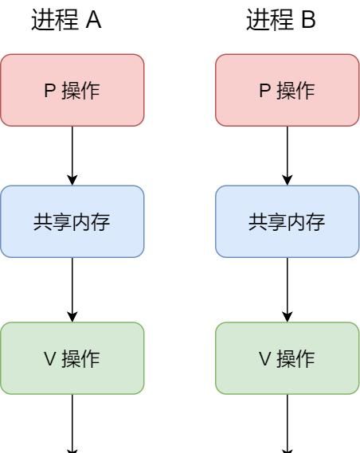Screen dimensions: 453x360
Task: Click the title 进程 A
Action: point(67,21)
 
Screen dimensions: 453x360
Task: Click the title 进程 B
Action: point(282,21)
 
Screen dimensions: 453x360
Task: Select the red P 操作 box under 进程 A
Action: point(72,90)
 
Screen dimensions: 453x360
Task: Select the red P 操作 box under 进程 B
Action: point(288,90)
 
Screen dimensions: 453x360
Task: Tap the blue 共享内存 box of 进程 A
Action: point(72,221)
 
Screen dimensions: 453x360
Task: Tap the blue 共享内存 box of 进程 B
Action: point(288,221)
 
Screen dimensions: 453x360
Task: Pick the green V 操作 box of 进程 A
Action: point(72,358)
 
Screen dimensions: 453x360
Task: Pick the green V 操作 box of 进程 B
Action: point(288,358)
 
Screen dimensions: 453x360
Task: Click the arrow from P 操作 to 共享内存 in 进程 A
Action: point(72,155)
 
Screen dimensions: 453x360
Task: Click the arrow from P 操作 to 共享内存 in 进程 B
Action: point(288,155)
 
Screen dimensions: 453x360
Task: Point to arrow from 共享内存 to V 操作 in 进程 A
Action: point(72,290)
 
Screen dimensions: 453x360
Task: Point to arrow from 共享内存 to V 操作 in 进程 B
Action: point(288,290)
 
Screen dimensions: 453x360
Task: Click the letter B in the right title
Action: point(309,21)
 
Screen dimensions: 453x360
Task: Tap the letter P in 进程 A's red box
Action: point(49,91)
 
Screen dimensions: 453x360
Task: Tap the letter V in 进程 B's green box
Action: point(264,359)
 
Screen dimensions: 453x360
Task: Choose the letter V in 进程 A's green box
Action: point(49,359)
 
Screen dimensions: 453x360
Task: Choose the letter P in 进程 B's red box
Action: point(264,91)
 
